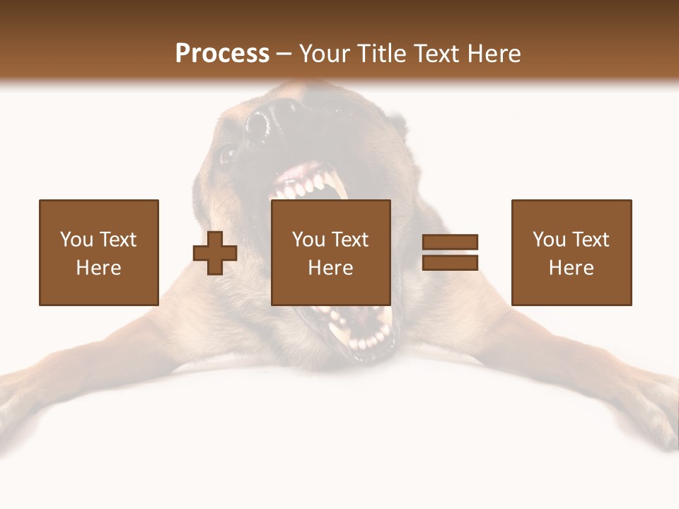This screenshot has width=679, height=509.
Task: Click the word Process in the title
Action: point(222,54)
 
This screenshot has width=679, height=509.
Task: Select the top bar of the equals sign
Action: point(451,242)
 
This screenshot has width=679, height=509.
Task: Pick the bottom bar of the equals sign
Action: point(451,263)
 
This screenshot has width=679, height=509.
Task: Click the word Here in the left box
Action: point(98,268)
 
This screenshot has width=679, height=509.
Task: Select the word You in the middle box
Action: point(308,240)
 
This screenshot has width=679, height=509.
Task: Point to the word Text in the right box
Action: point(591,240)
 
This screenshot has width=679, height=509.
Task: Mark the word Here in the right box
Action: point(571,268)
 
